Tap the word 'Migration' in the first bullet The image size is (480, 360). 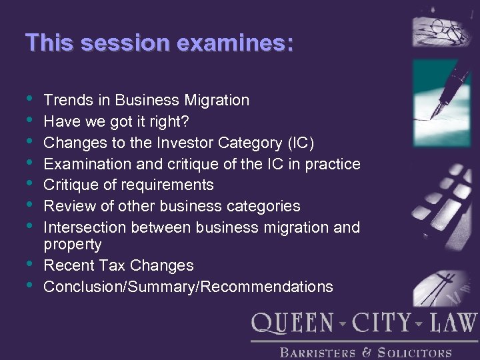(x=214, y=100)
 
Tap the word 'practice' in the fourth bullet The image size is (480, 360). (x=331, y=164)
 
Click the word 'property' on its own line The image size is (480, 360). (x=72, y=245)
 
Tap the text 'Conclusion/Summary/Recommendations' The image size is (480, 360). (x=188, y=287)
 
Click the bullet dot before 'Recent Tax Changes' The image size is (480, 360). (x=30, y=264)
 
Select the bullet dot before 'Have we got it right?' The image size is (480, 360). (x=30, y=120)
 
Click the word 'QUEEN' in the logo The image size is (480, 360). (x=293, y=324)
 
